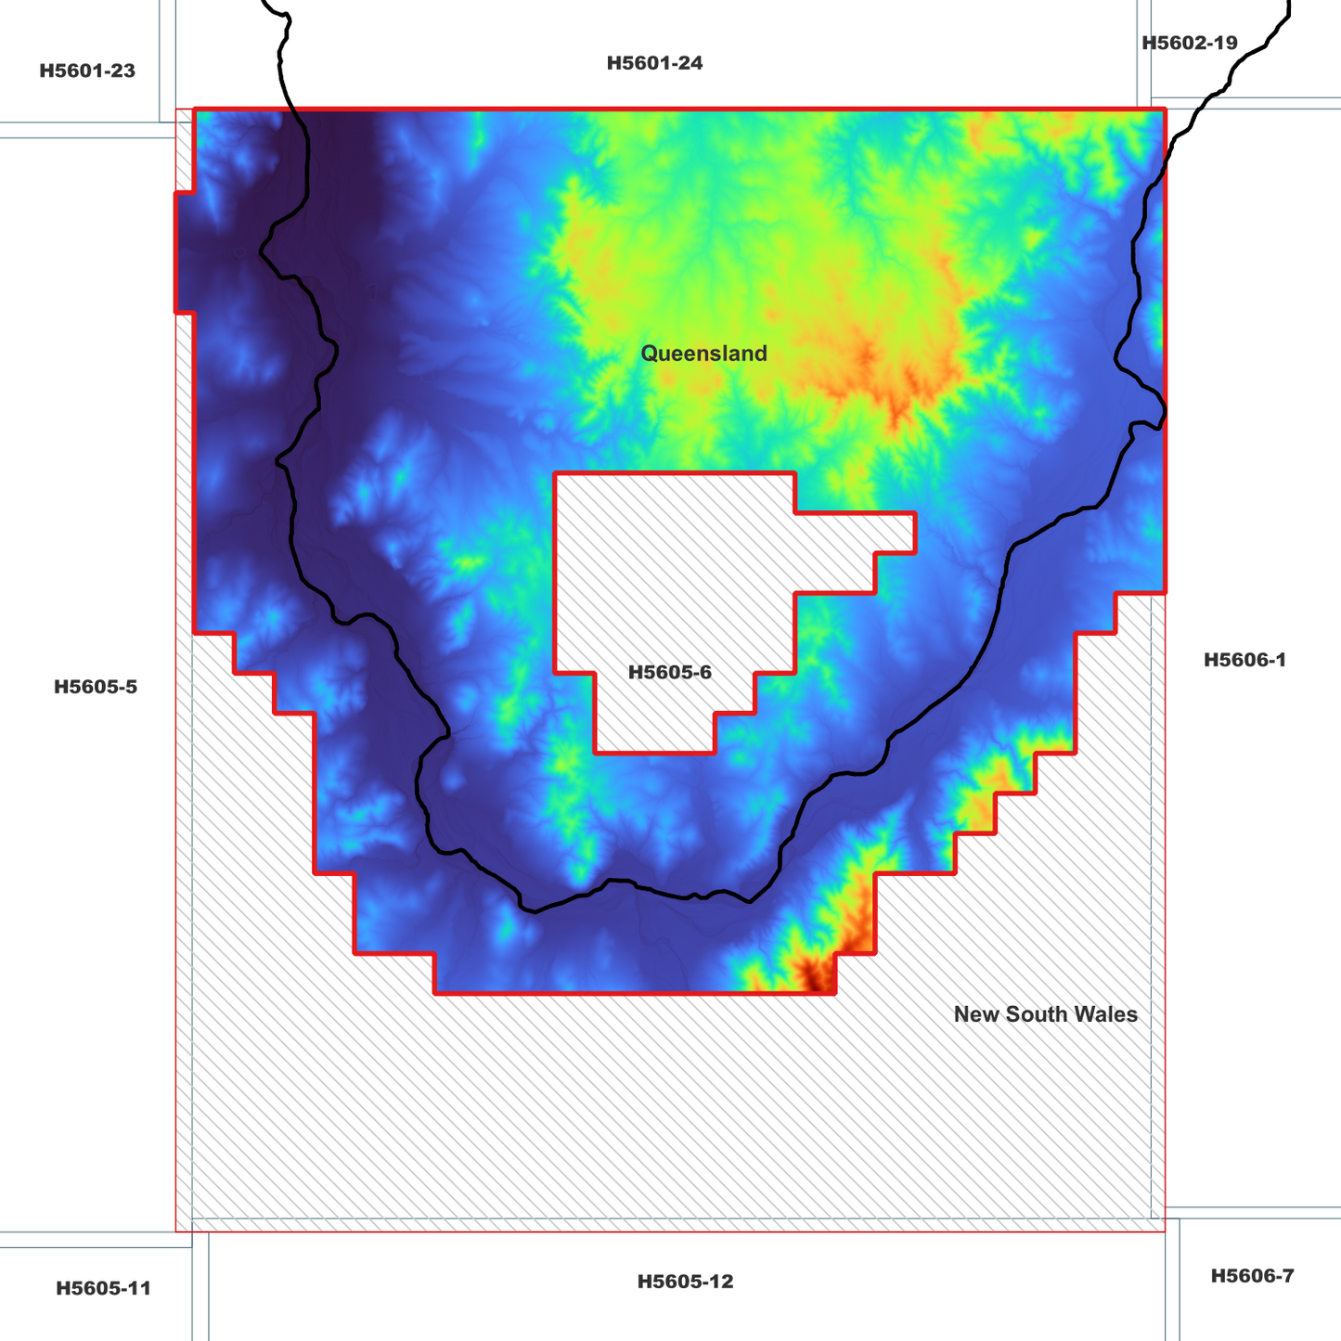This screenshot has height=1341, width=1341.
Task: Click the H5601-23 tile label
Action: click(87, 71)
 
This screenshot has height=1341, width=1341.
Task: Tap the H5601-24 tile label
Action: click(654, 63)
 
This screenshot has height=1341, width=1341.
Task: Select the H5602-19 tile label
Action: click(1189, 43)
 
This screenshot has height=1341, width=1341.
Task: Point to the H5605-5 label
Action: click(96, 687)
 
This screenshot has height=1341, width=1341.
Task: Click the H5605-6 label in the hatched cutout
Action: click(670, 672)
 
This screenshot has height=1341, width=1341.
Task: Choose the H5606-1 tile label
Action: click(1244, 660)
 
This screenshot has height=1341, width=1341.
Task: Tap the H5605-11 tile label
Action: click(103, 1288)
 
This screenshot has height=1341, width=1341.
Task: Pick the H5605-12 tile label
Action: click(685, 1282)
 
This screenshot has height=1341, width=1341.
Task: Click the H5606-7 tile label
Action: click(1252, 1276)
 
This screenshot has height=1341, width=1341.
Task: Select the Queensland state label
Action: click(703, 354)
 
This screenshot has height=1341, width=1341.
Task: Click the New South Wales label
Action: click(1045, 1014)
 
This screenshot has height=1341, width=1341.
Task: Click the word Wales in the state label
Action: click(1109, 1014)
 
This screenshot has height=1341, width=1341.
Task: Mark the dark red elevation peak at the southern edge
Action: click(817, 976)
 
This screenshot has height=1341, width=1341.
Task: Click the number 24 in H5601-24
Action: click(690, 63)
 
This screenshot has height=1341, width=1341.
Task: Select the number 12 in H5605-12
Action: click(721, 1282)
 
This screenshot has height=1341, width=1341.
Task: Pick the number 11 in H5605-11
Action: click(139, 1288)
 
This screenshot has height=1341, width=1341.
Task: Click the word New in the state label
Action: click(974, 1014)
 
